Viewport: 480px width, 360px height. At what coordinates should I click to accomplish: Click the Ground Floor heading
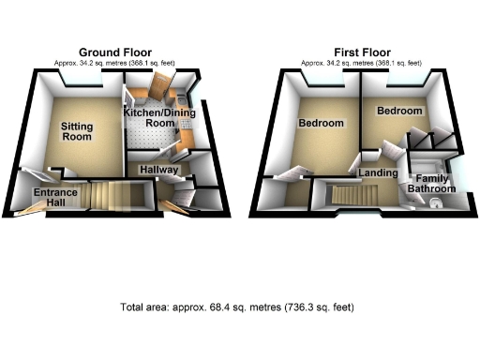[x=117, y=52]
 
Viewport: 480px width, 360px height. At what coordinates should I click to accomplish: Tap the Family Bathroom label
[x=432, y=183]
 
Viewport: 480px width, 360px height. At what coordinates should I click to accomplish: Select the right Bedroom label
[x=398, y=112]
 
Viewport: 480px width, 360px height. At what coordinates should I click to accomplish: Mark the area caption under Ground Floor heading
[x=117, y=63]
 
